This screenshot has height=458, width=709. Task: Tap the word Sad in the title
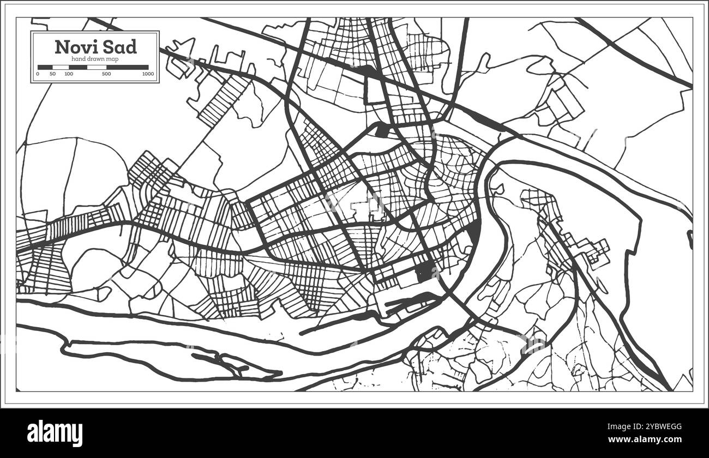[118, 47]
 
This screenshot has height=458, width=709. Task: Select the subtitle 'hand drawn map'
[95, 58]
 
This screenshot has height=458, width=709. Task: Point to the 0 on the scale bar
[38, 74]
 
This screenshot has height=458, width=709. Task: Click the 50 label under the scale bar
[52, 74]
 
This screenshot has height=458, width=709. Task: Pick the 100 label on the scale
[69, 74]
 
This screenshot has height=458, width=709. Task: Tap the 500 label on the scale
[106, 74]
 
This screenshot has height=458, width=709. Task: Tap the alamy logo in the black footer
[55, 433]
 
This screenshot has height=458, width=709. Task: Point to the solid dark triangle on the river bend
[475, 232]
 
